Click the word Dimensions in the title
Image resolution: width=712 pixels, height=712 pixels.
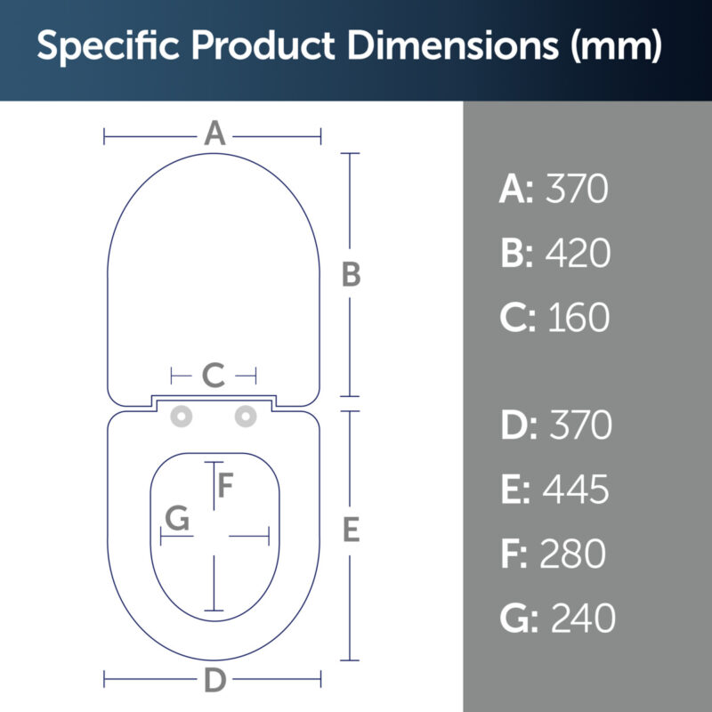[x=453, y=45]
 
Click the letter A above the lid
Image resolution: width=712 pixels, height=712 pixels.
[x=214, y=133]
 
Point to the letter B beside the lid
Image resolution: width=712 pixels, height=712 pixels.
[x=351, y=274]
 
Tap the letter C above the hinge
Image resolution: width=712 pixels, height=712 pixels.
[x=214, y=375]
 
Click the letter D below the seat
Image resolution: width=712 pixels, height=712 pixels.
[x=214, y=680]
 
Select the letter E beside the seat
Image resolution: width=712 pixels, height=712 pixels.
[x=351, y=530]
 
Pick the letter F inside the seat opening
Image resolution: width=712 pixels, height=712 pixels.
[x=225, y=485]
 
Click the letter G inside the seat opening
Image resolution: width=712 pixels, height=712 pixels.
[x=177, y=518]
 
